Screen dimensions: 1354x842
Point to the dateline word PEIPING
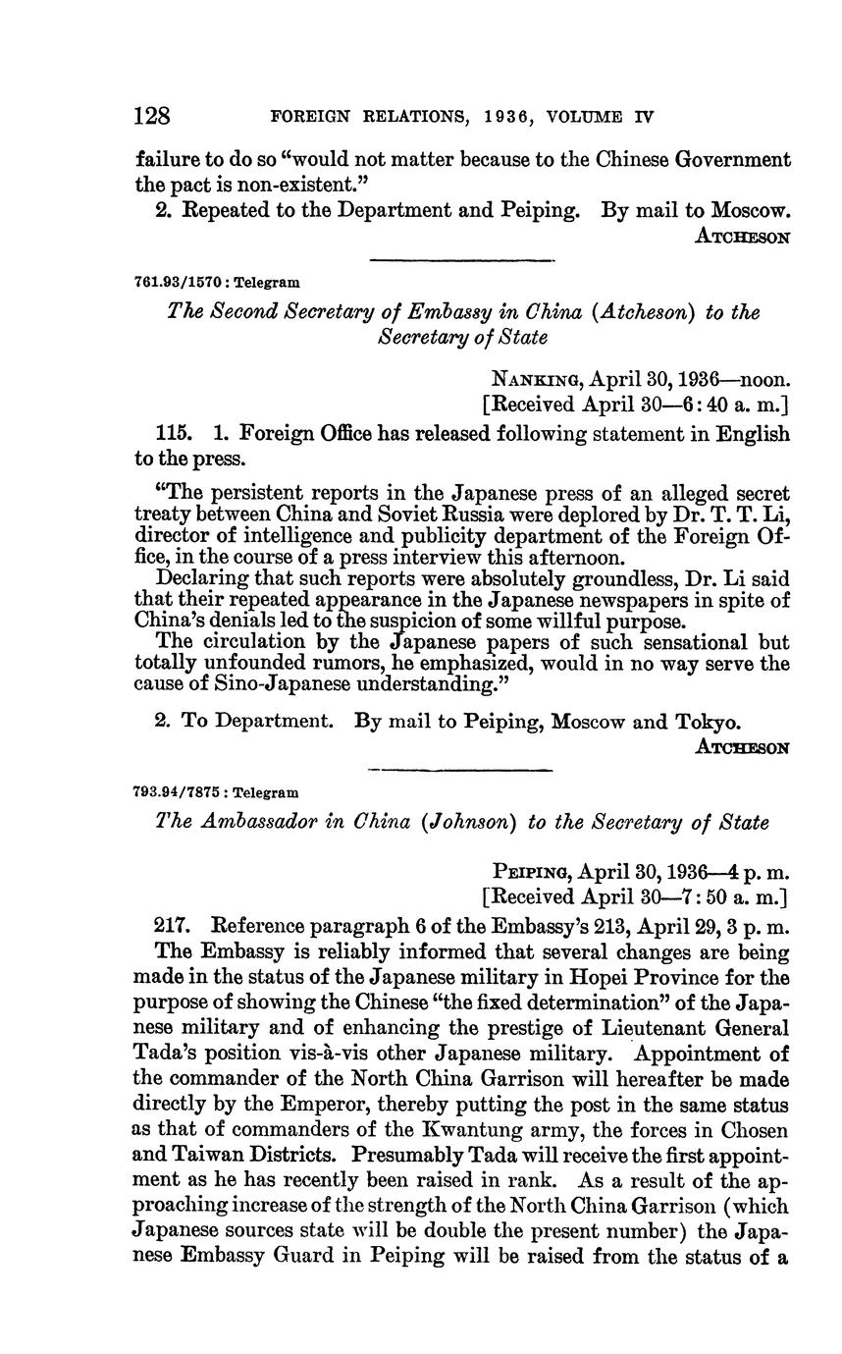click(533, 871)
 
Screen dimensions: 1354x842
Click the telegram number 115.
click(174, 433)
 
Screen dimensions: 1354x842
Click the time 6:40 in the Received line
click(677, 404)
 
